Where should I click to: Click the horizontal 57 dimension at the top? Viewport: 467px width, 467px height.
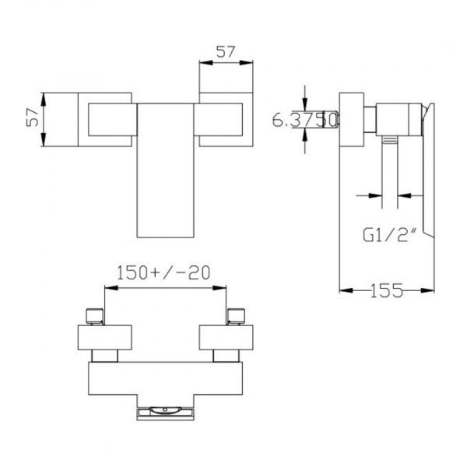click(226, 52)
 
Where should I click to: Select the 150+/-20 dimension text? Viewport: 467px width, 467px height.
click(163, 272)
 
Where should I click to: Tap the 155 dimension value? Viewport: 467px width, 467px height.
click(386, 290)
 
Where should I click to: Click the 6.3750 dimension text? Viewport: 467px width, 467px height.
click(304, 119)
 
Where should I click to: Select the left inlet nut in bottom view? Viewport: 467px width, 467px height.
click(94, 316)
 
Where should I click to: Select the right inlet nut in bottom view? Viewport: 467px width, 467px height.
click(236, 316)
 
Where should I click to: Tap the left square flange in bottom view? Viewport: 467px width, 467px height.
click(104, 338)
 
